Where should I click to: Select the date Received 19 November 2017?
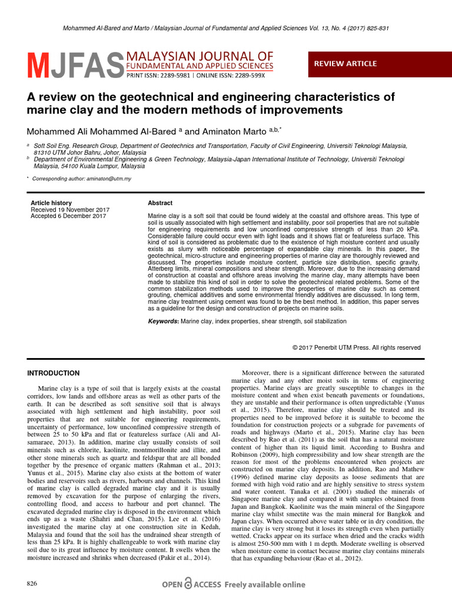pos(69,210)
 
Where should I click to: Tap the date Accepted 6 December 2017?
pos(68,216)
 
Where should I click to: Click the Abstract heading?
pos(160,203)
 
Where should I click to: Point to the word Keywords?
pos(163,322)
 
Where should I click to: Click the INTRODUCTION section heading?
pos(54,373)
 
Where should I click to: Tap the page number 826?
pos(32,583)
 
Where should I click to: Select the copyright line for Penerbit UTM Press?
pos(357,348)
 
